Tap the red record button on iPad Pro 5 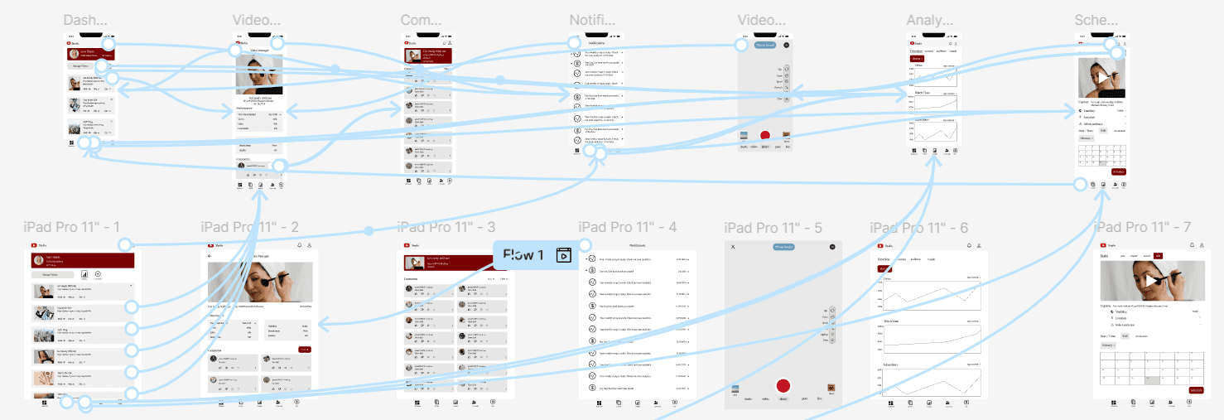click(x=783, y=386)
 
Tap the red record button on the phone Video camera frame click(x=764, y=135)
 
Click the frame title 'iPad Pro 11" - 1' click(x=72, y=227)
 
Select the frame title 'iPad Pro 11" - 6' click(x=919, y=227)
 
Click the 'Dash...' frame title click(x=85, y=21)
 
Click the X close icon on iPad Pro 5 click(x=732, y=247)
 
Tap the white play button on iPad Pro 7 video click(x=1153, y=280)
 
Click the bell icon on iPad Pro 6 click(x=967, y=246)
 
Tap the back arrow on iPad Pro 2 click(x=210, y=256)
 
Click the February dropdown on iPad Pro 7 click(x=1109, y=345)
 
